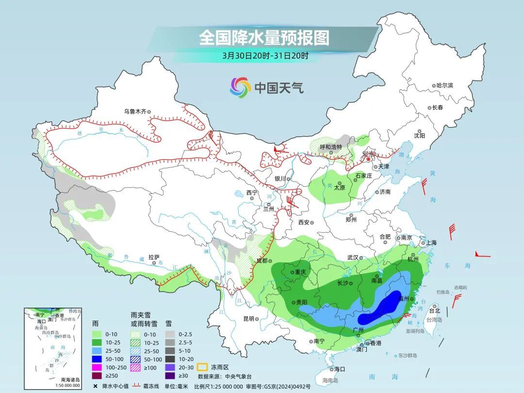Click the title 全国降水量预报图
(x=264, y=37)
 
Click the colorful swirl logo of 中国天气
(x=240, y=87)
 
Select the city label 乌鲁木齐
(x=134, y=111)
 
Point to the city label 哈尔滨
(x=444, y=85)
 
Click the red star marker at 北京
(x=368, y=159)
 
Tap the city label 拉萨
(x=154, y=257)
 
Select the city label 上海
(x=431, y=243)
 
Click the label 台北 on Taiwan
(x=434, y=311)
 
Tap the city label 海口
(x=339, y=369)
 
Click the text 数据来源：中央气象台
(x=224, y=376)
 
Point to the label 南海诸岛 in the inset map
(x=70, y=379)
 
